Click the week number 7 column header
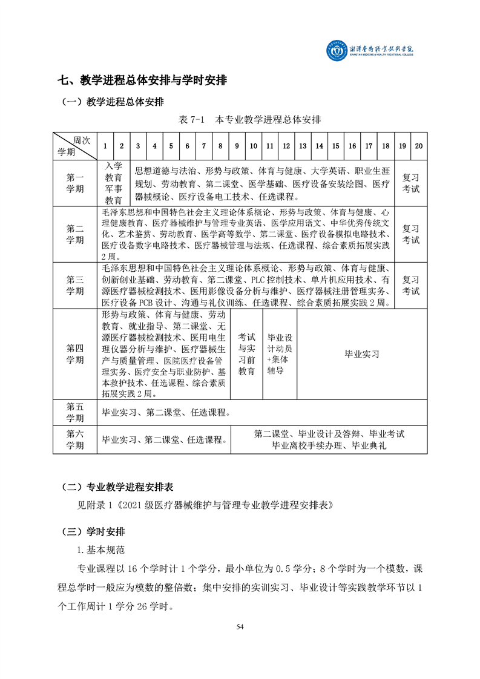tap(203, 146)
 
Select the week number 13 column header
tap(303, 146)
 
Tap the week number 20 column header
tap(419, 146)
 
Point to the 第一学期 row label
tap(75, 183)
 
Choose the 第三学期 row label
tap(75, 285)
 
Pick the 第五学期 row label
tap(75, 412)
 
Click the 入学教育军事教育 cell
tap(114, 183)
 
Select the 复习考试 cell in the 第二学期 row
tap(411, 234)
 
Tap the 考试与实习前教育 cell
tap(246, 353)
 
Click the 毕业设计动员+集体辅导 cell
tap(280, 353)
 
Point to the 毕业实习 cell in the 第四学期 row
tap(361, 354)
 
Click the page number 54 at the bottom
tap(240, 626)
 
